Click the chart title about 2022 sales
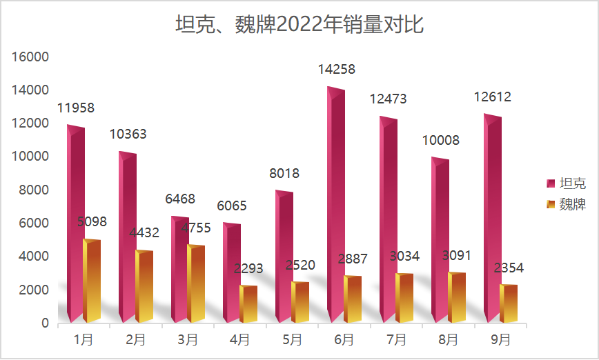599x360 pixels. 299,26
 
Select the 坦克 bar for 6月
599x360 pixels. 335,207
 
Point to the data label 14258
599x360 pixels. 336,70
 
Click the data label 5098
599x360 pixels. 92,222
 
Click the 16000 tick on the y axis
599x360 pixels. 31,57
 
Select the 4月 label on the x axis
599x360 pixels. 239,339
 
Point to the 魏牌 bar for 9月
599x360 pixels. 508,304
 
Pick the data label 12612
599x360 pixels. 492,97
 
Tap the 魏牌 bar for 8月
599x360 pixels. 456,298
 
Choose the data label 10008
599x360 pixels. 440,141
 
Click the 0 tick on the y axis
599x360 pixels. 45,323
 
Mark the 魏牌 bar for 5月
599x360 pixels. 299,303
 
